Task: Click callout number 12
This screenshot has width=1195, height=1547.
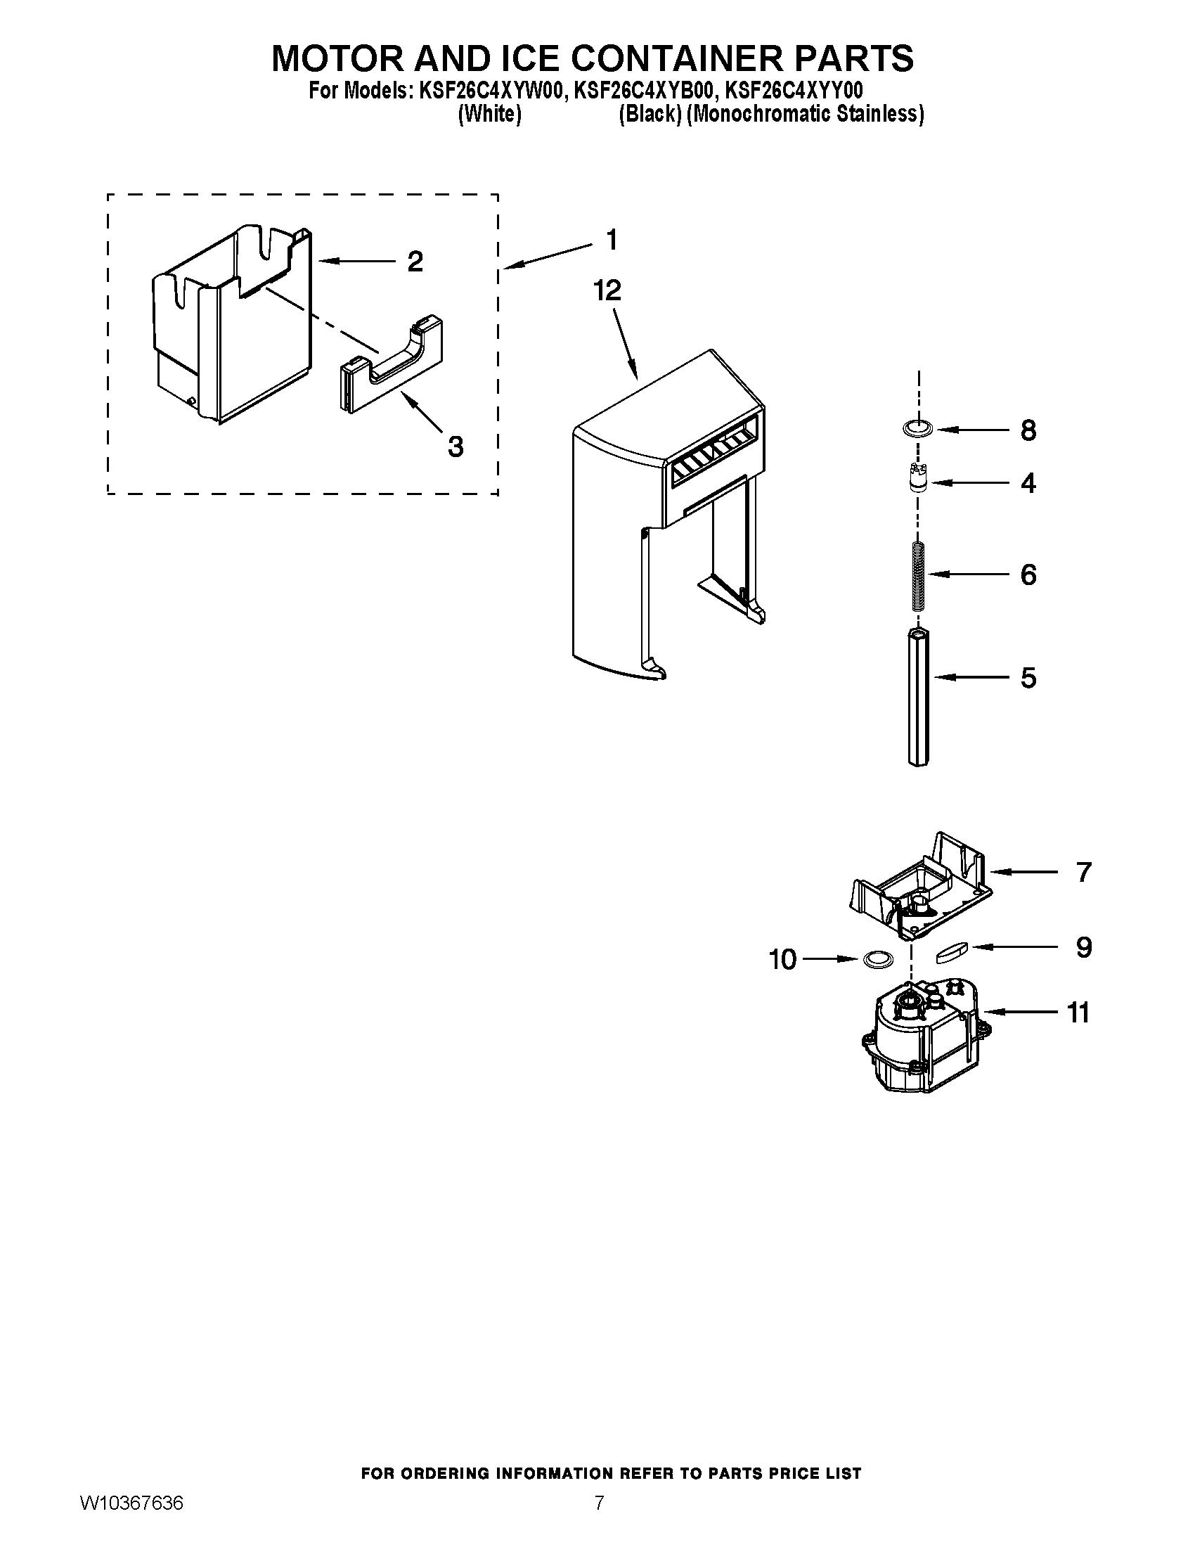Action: click(x=607, y=290)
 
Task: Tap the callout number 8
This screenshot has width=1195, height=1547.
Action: click(x=1028, y=430)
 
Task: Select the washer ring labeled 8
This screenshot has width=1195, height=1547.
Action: click(x=918, y=428)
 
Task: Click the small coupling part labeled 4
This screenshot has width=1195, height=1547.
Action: click(x=917, y=480)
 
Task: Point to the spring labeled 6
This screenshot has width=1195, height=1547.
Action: click(x=917, y=574)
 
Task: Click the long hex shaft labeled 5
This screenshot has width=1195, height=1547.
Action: click(x=917, y=698)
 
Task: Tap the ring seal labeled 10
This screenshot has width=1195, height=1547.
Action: click(x=877, y=960)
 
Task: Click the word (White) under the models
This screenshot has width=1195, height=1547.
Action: click(x=489, y=114)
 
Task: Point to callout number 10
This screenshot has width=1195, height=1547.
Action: click(x=782, y=960)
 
